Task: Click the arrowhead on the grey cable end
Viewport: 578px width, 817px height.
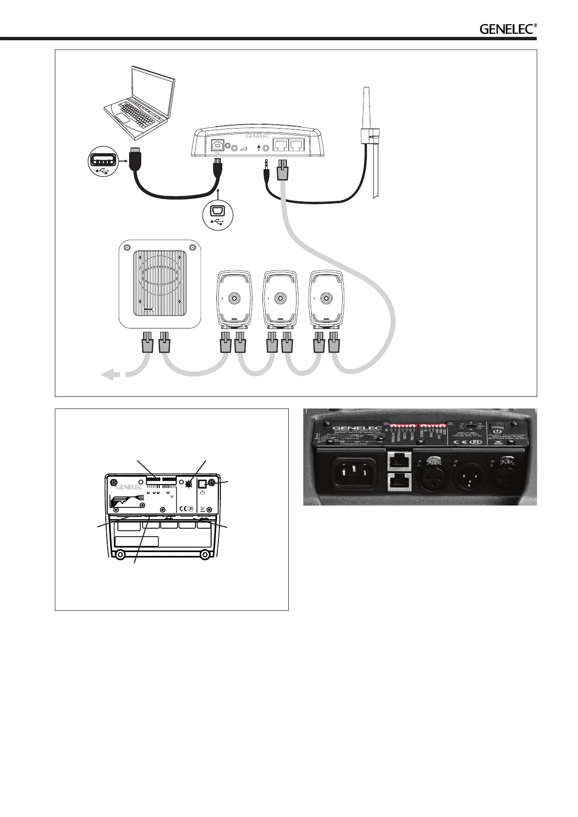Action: pyautogui.click(x=111, y=374)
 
